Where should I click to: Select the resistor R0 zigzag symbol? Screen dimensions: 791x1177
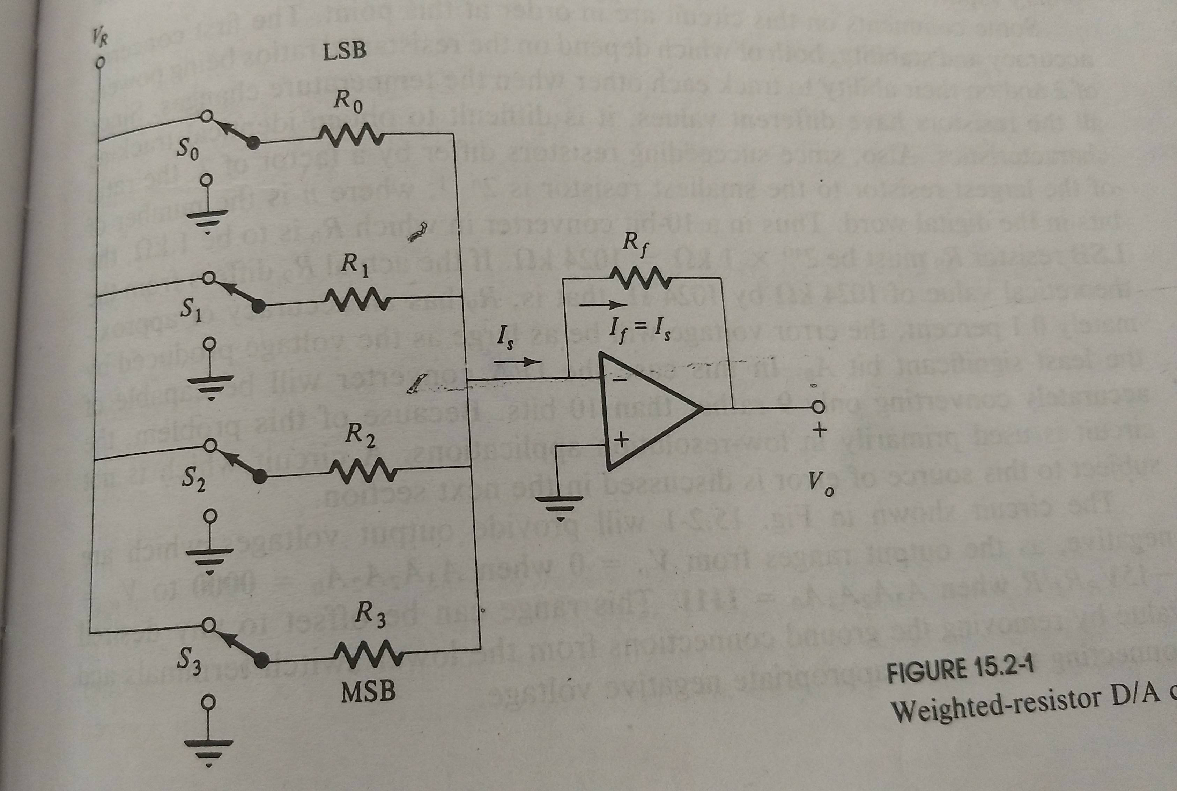point(351,135)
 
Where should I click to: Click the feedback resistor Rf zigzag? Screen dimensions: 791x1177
point(640,279)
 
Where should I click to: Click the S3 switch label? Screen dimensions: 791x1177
point(190,661)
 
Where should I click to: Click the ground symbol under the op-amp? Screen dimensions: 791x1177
point(559,504)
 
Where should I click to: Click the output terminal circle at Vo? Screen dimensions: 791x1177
point(817,407)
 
